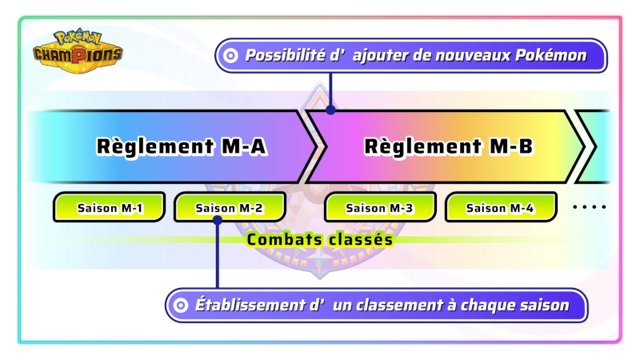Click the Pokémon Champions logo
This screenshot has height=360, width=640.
(x=78, y=49)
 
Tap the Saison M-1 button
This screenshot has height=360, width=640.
(x=110, y=208)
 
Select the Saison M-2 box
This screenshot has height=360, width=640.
(x=230, y=208)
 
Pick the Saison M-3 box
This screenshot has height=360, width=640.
(x=380, y=208)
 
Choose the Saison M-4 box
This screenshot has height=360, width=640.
(x=500, y=208)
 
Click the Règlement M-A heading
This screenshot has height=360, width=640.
(x=181, y=146)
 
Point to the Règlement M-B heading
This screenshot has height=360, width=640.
(x=448, y=146)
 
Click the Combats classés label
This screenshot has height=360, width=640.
(x=320, y=238)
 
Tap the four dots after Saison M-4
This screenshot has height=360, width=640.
(x=590, y=207)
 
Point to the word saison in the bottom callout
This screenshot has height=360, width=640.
(x=546, y=305)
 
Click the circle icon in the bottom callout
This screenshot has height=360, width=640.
(x=181, y=305)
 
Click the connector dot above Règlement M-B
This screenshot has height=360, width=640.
(x=330, y=109)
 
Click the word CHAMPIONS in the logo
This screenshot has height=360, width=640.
(x=78, y=54)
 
